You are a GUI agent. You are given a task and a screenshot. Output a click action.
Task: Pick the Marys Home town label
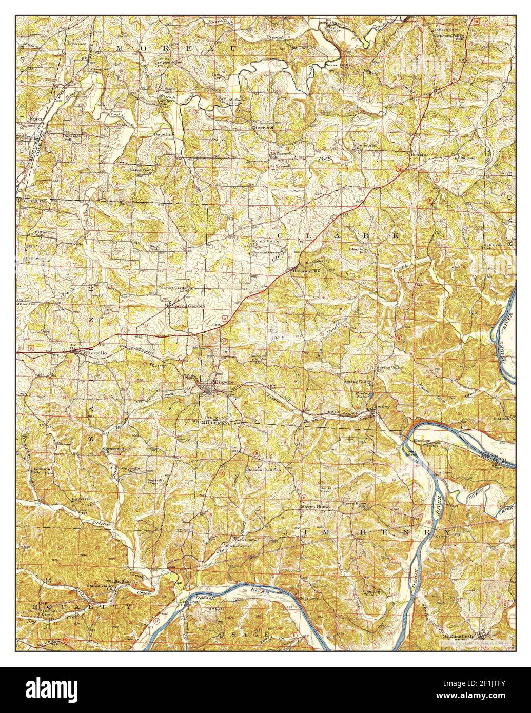coord(315,506)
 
